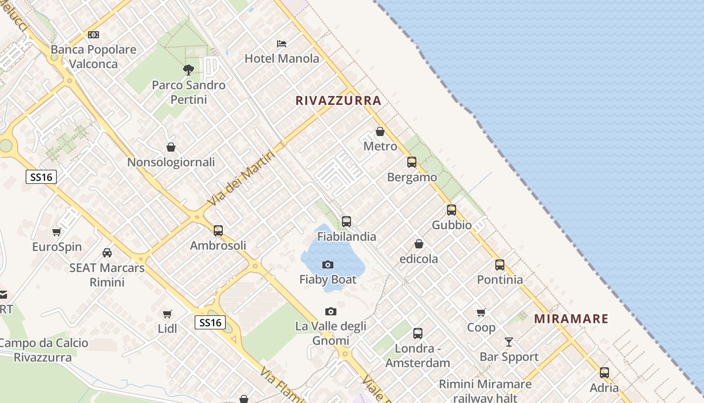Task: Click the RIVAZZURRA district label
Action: [x=338, y=101]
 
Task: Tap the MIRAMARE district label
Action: [x=571, y=319]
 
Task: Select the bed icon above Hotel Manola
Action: [x=282, y=44]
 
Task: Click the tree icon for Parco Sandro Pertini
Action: [x=189, y=70]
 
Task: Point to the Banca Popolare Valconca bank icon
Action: [x=94, y=35]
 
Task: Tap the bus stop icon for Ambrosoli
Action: [x=218, y=231]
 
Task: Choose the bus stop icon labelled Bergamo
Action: [x=412, y=162]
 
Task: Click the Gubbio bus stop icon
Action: [x=452, y=210]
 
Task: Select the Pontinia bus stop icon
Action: [x=500, y=265]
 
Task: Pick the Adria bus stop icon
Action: [x=604, y=373]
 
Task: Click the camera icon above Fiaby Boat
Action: [x=328, y=264]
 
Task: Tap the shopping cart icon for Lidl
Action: [x=167, y=314]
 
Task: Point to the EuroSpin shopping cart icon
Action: [x=56, y=232]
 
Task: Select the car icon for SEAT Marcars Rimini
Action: [x=107, y=253]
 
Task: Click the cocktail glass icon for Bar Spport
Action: [x=509, y=342]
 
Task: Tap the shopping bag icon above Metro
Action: [x=380, y=131]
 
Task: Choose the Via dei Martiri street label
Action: [x=241, y=178]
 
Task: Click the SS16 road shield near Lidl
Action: [x=210, y=322]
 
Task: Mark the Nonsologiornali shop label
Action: [x=171, y=162]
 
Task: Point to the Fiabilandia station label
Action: [x=346, y=236]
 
